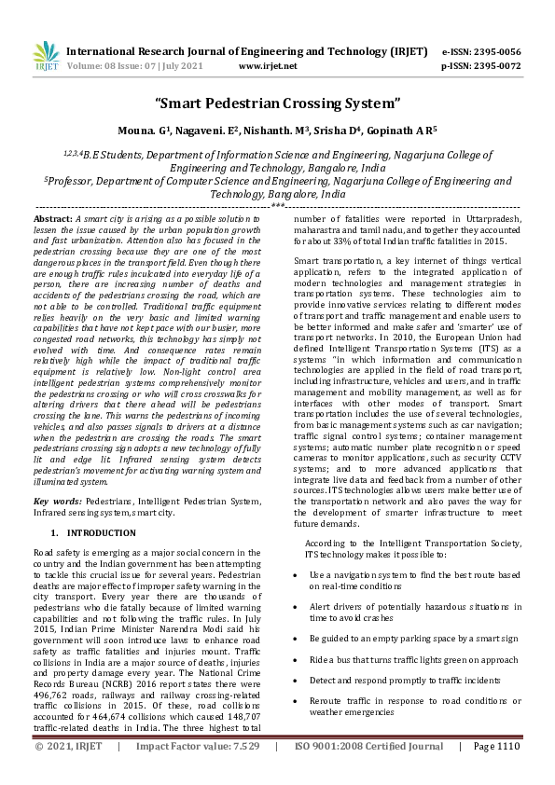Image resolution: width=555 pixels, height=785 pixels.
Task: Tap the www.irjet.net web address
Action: (x=268, y=66)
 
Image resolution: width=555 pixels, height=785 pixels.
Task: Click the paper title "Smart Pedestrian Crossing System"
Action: (x=277, y=102)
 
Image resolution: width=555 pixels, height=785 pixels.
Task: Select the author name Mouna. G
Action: (x=145, y=131)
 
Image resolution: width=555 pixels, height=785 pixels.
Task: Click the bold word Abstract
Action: (x=53, y=217)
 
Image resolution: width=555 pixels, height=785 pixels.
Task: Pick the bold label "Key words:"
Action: (x=60, y=501)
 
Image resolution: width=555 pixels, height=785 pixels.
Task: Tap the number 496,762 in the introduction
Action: (x=49, y=694)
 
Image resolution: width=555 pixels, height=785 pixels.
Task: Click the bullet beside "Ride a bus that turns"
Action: (x=296, y=661)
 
